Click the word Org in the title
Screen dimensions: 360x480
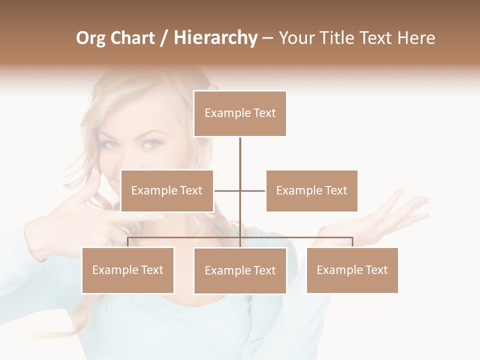tap(91, 38)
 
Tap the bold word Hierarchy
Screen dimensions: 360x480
tap(215, 38)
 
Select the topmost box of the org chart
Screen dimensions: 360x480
tap(240, 113)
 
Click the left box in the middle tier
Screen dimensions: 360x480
tap(167, 190)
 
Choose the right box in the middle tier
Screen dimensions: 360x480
tap(312, 190)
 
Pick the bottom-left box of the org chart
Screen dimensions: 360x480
tap(128, 270)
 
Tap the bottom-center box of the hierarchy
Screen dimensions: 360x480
tap(240, 270)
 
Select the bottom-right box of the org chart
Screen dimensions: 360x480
tap(352, 270)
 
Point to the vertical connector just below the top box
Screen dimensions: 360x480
tap(240, 150)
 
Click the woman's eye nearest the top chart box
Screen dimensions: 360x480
tap(151, 144)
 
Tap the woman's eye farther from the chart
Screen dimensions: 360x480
tap(111, 144)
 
